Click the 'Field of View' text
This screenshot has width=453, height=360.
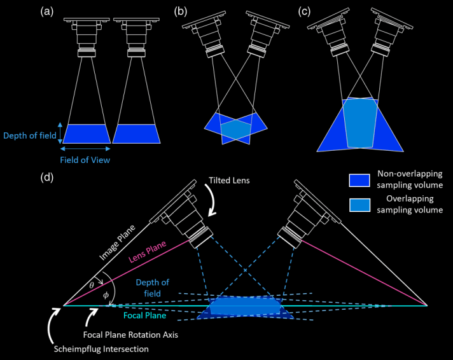[85, 160]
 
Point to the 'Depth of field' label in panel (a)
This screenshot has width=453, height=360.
[29, 135]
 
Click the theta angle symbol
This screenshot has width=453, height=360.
[92, 286]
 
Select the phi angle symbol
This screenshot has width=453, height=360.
[106, 296]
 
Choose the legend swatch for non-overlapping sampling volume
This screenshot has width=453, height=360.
[360, 181]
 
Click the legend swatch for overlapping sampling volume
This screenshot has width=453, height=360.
[360, 204]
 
